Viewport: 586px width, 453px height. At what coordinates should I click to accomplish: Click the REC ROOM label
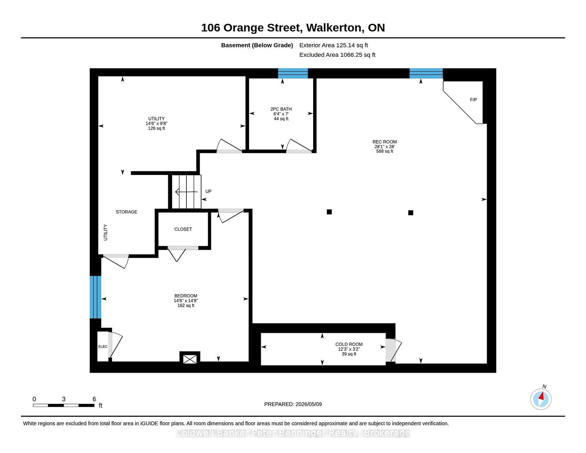(385, 142)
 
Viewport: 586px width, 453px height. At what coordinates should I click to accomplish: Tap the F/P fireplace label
(473, 100)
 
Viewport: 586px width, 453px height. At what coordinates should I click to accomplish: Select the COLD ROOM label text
(349, 344)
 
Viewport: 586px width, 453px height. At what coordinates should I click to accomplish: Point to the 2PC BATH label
(281, 109)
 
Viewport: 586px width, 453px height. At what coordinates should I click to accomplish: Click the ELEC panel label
(103, 346)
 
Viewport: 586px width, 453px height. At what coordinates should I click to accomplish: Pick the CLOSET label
(183, 229)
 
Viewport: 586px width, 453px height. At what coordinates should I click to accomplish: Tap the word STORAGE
(126, 212)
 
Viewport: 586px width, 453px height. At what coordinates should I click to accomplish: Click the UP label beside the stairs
(208, 192)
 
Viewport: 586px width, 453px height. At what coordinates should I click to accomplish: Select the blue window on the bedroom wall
(96, 297)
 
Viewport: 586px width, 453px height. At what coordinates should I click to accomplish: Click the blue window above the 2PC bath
(293, 73)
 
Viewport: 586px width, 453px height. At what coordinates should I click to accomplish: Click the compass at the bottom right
(541, 399)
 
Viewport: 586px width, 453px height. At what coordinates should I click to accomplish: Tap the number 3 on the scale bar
(64, 399)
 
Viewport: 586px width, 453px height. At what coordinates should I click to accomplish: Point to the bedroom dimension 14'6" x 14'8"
(186, 301)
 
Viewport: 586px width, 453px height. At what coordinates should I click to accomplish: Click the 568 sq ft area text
(385, 151)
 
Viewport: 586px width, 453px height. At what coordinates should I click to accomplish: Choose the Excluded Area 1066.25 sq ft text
(337, 55)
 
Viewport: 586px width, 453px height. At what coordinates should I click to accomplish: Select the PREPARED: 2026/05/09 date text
(293, 404)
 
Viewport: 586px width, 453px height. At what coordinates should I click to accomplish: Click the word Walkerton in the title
(334, 28)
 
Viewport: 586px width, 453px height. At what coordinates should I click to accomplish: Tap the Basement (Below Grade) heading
(257, 45)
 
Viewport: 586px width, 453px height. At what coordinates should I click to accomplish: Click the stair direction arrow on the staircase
(186, 192)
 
